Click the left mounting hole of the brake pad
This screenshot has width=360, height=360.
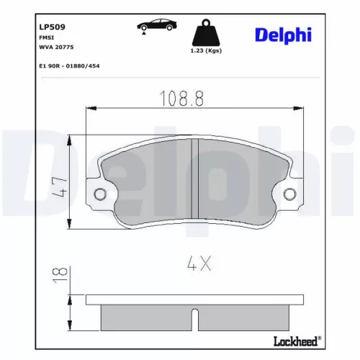pyautogui.click(x=100, y=194)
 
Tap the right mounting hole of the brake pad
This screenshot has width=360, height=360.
pyautogui.click(x=289, y=194)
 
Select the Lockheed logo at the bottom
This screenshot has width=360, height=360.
pyautogui.click(x=296, y=341)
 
